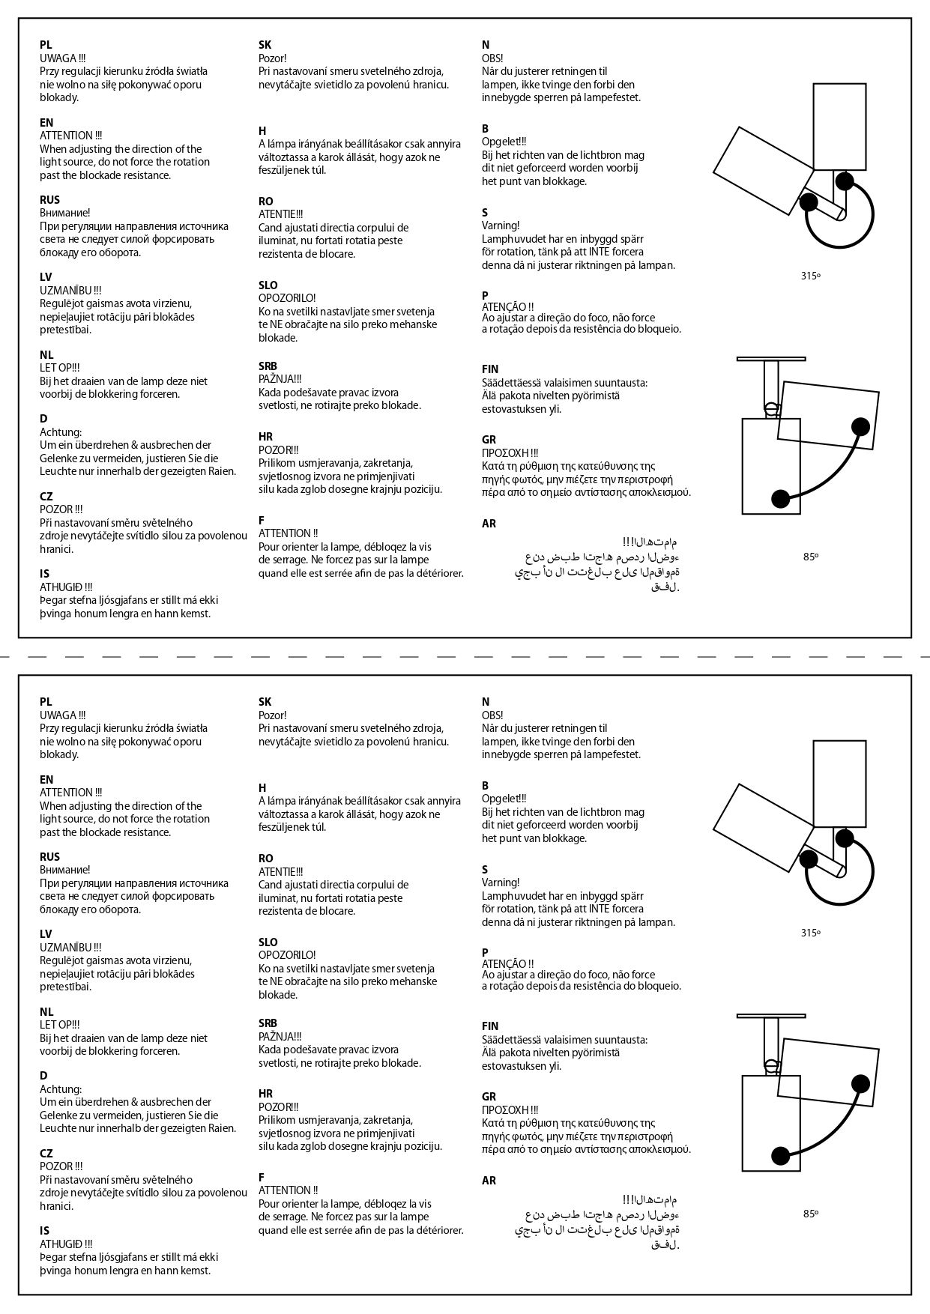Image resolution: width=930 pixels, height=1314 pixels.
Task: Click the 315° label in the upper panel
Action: click(x=810, y=276)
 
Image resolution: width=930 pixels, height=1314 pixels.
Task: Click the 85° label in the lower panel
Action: click(x=810, y=1214)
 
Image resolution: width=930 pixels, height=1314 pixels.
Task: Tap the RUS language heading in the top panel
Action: click(x=49, y=199)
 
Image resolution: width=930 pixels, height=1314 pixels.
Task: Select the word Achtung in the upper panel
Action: click(x=61, y=432)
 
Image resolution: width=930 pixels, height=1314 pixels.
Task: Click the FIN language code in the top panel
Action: click(x=490, y=369)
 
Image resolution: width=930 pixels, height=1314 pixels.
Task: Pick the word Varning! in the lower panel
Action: click(x=501, y=882)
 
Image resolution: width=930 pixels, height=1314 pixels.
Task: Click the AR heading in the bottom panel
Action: click(x=489, y=1181)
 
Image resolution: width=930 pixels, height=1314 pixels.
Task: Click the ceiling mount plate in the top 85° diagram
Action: click(x=770, y=359)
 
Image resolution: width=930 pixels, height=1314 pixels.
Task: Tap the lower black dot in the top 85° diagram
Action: click(x=780, y=498)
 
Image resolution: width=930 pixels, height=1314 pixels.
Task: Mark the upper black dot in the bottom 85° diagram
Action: click(x=860, y=1083)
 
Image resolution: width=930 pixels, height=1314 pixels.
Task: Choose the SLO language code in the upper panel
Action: click(x=268, y=285)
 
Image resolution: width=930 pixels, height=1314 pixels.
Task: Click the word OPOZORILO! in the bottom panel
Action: click(x=287, y=955)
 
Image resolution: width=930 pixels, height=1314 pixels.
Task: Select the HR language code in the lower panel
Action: click(x=265, y=1093)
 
